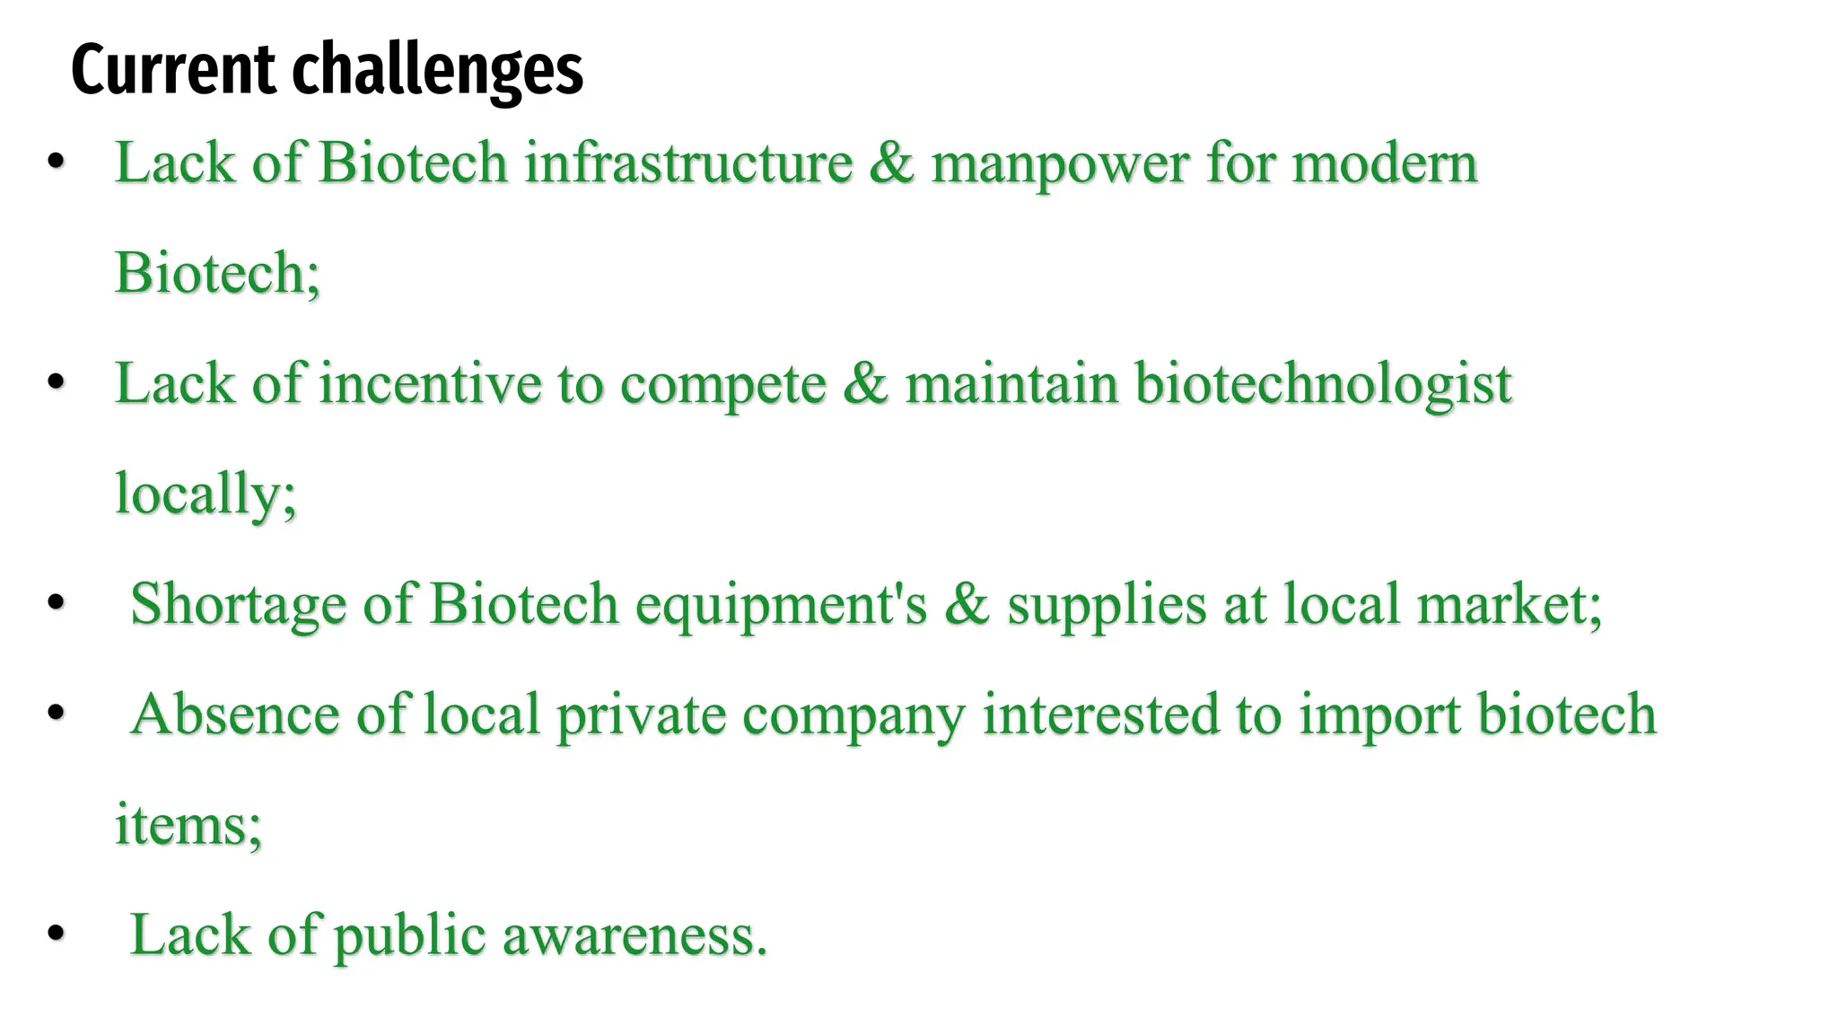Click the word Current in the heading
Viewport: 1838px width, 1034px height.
173,69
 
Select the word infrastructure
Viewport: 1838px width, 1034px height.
688,163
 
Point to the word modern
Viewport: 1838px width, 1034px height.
1384,163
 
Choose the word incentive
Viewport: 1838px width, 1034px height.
430,384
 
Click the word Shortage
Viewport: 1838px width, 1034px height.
238,605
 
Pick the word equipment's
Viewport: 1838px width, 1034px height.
781,605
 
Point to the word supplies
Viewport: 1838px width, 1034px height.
1107,605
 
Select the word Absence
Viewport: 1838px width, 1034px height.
235,714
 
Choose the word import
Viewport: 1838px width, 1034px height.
1380,716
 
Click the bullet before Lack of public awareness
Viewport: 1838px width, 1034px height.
56,933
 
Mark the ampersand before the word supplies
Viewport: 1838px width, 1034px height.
967,604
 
